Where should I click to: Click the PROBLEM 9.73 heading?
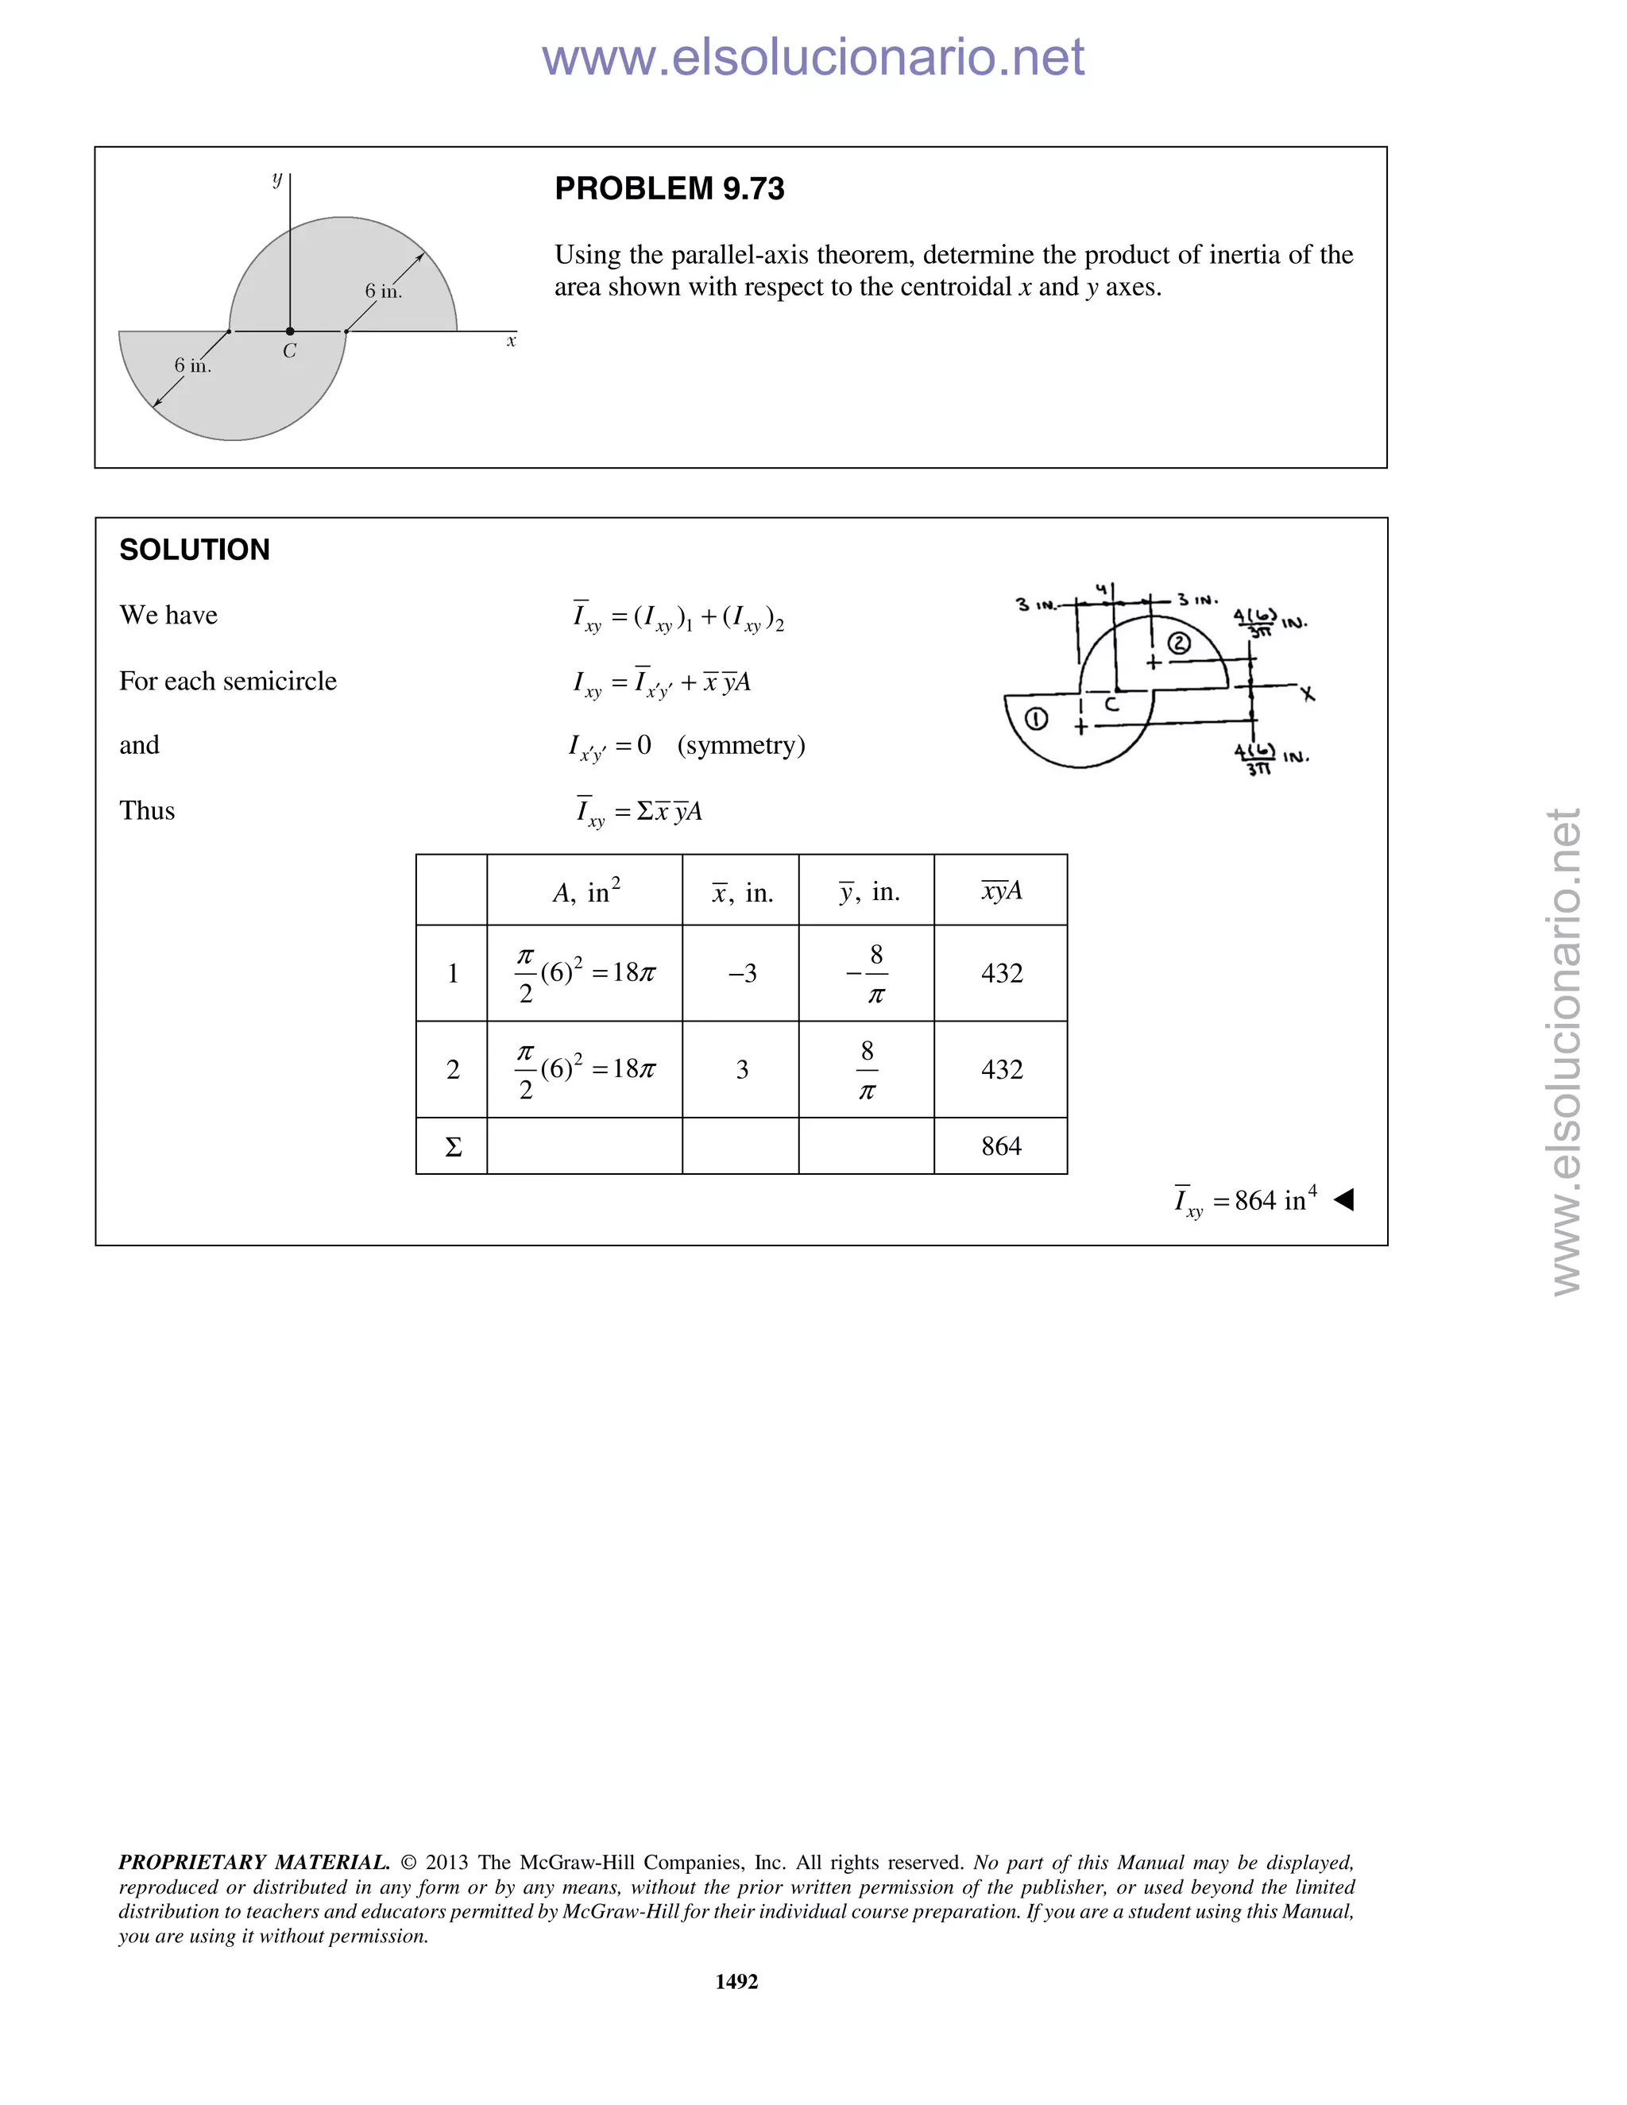point(669,189)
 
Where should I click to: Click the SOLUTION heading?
point(195,550)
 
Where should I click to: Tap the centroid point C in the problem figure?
point(290,331)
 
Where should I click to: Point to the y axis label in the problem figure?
point(277,180)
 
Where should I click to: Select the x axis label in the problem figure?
point(512,342)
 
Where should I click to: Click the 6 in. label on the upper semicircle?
point(383,291)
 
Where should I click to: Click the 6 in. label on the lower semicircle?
point(193,365)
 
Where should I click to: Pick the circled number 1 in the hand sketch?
point(1036,719)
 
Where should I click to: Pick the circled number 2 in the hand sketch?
point(1178,643)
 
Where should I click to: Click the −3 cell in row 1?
point(741,974)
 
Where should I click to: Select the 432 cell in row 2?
point(1002,1069)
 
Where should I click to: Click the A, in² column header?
point(586,891)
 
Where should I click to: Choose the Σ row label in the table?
point(453,1147)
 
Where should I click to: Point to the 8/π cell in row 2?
point(867,1069)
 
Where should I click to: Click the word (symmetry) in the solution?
point(740,745)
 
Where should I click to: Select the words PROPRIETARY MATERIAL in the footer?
point(253,1862)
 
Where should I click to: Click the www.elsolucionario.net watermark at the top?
point(813,57)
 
